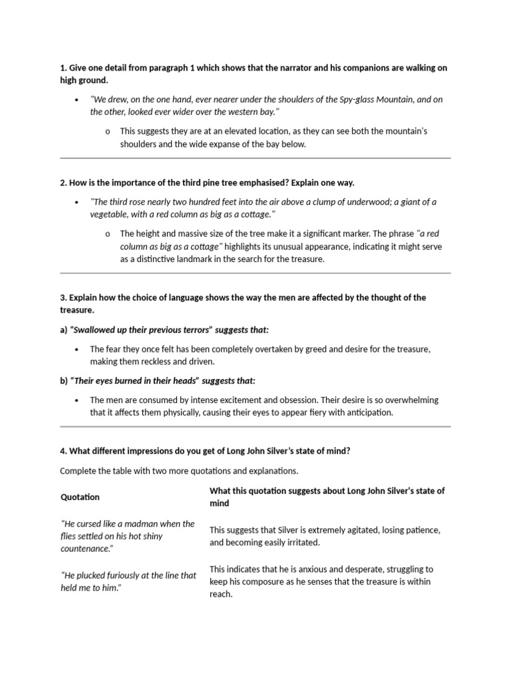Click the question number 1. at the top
click(x=63, y=68)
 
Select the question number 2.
click(x=63, y=183)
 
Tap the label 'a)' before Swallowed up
click(x=64, y=330)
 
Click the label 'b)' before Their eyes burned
click(x=64, y=381)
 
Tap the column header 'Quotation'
click(x=80, y=497)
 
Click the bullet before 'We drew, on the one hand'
click(x=77, y=100)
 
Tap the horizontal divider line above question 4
click(x=255, y=426)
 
